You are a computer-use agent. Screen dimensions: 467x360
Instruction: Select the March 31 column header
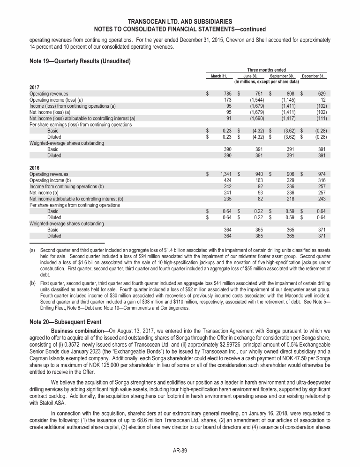tap(219, 76)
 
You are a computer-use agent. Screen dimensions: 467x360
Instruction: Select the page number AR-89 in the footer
tap(180, 451)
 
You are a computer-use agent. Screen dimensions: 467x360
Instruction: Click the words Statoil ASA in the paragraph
tap(40, 403)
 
